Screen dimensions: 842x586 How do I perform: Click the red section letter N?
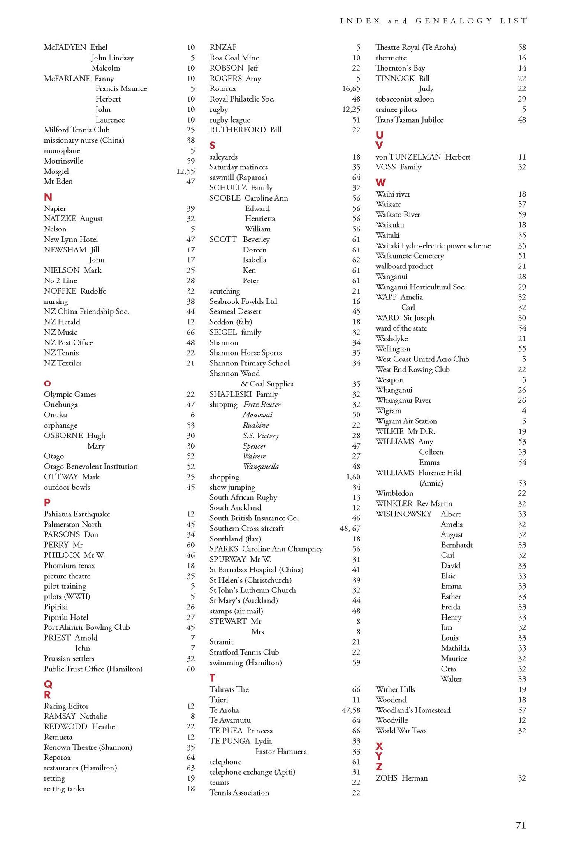tap(48, 197)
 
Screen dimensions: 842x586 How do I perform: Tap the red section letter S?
tap(212, 146)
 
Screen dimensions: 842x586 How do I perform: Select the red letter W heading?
tap(380, 183)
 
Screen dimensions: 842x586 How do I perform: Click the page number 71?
tap(520, 825)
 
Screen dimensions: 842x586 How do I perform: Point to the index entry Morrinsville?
tap(63, 161)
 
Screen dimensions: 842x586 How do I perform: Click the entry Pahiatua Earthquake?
tap(77, 514)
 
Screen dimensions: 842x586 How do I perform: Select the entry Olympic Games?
tap(70, 394)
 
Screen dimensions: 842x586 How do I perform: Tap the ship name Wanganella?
tap(261, 467)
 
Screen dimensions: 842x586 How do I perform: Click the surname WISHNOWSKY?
tap(403, 514)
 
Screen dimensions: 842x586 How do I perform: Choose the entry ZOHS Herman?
tap(401, 778)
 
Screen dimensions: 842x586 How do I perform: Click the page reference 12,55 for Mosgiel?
tap(185, 171)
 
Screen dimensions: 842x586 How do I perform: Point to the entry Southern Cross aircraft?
tap(246, 528)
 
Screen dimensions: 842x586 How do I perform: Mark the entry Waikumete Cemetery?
tap(410, 256)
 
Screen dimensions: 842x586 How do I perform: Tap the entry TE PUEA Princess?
tap(241, 731)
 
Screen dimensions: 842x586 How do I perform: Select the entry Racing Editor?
tap(66, 706)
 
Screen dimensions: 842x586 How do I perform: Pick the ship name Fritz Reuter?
tap(262, 405)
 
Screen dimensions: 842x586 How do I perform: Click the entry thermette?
tap(391, 58)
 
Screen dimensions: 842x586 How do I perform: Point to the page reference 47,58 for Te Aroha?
tap(351, 710)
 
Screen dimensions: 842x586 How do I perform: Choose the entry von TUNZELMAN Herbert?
tap(423, 157)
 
